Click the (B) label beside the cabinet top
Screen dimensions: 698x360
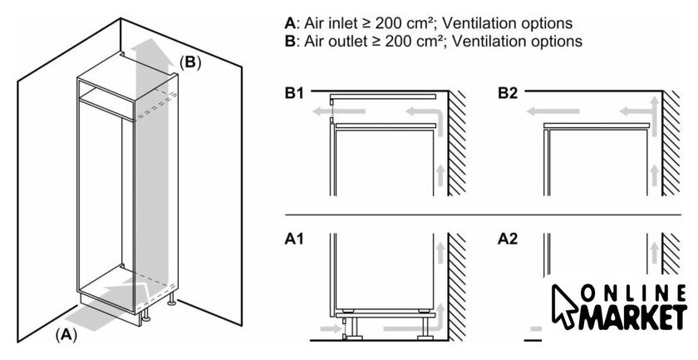click(x=190, y=62)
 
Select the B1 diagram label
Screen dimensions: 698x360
click(x=294, y=94)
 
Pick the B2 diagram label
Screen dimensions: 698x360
click(x=508, y=94)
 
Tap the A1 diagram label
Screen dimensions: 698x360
click(x=294, y=239)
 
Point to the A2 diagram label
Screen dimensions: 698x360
click(x=508, y=239)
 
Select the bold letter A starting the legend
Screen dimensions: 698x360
click(x=290, y=23)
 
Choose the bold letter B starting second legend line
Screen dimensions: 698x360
click(x=290, y=42)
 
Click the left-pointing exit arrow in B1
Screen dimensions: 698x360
click(x=339, y=111)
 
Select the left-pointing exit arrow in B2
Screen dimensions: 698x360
click(x=553, y=111)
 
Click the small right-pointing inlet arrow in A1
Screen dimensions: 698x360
click(x=330, y=329)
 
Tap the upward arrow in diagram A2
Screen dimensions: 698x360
click(x=654, y=252)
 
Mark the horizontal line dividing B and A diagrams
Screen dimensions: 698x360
click(x=483, y=215)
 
